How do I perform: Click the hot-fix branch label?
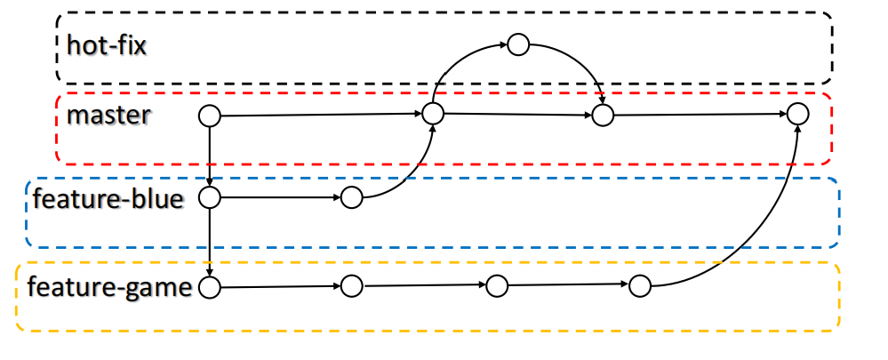tap(106, 44)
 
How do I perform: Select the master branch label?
tap(108, 116)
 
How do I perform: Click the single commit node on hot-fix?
tap(517, 44)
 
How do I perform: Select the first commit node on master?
tap(209, 116)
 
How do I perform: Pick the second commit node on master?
tap(433, 113)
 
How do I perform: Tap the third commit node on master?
tap(604, 115)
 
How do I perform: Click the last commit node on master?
tap(797, 114)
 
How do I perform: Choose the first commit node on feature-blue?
tap(209, 197)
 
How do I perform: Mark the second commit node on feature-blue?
tap(352, 197)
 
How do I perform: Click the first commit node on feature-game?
tap(209, 287)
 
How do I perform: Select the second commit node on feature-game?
tap(352, 286)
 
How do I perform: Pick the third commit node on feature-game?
tap(496, 286)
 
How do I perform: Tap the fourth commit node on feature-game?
tap(640, 286)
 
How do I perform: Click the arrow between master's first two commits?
tap(320, 115)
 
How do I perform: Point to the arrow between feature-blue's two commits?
tap(280, 197)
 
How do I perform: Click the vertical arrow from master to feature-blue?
tap(209, 156)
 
